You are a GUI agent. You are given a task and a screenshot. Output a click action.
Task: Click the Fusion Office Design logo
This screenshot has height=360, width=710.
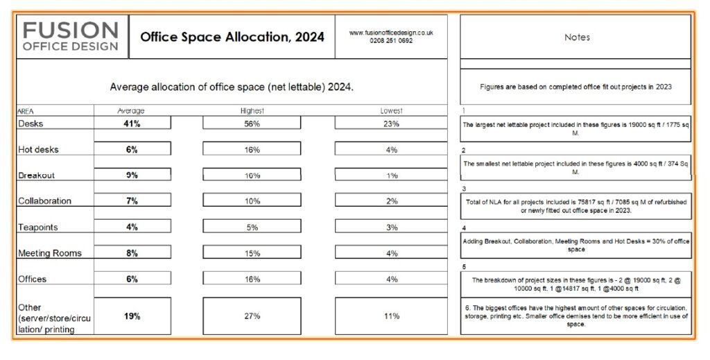[x=71, y=37]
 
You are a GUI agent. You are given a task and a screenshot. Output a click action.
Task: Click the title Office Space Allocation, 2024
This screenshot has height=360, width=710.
[x=232, y=37]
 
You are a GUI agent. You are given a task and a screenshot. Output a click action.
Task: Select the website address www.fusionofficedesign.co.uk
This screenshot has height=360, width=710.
[x=391, y=33]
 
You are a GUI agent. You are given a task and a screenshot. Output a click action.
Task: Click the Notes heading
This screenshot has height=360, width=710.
[x=576, y=37]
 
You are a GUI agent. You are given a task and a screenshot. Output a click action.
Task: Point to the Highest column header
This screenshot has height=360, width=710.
[x=252, y=111]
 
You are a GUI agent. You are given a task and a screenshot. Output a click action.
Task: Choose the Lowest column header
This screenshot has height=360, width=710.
[x=391, y=111]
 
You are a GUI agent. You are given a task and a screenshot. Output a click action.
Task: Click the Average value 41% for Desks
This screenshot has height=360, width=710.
[x=132, y=123]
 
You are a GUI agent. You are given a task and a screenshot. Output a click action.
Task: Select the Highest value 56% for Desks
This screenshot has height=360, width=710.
[x=252, y=123]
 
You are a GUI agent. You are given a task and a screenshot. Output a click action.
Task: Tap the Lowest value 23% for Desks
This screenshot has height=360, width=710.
[x=391, y=123]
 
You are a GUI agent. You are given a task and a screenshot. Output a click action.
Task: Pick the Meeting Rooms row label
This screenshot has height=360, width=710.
[x=49, y=253]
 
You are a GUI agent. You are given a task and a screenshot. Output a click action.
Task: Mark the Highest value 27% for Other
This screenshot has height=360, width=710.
[x=252, y=316]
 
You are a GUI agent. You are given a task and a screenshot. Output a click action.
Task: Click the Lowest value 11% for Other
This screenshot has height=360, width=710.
[x=391, y=316]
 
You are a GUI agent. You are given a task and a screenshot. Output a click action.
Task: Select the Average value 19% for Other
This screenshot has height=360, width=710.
[x=132, y=316]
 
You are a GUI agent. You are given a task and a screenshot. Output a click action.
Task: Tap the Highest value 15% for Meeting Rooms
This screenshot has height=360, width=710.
[x=252, y=253]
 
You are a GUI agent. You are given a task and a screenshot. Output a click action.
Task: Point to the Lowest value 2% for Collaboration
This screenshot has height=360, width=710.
[x=391, y=201]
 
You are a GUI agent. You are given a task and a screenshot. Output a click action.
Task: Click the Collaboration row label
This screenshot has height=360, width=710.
[x=44, y=201]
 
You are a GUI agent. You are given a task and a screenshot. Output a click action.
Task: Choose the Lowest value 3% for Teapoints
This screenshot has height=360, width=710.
[x=391, y=228]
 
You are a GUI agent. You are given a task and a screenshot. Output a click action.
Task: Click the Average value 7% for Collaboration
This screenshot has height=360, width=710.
[x=132, y=201]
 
